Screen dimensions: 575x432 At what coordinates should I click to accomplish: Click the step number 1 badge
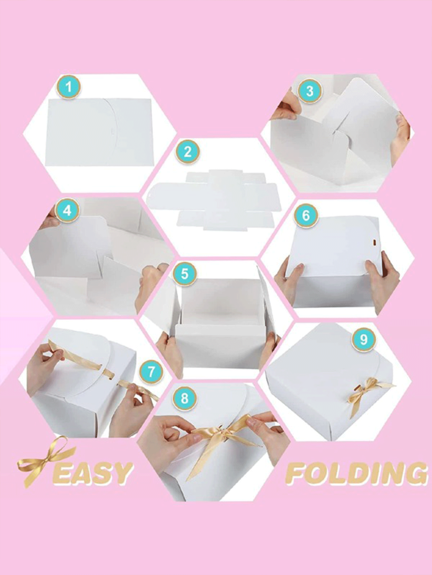pos(68,87)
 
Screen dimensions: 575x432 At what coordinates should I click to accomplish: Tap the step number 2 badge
pos(187,151)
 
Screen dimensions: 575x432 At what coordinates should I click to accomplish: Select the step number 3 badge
pos(309,91)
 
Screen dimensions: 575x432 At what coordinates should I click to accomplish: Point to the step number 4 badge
pos(67,211)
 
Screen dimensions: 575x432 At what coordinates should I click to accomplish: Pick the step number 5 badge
pos(184,273)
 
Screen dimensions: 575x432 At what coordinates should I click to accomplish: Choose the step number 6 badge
pos(306,215)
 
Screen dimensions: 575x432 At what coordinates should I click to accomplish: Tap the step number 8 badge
pos(184,398)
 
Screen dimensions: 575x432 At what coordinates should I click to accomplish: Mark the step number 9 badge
pos(364,339)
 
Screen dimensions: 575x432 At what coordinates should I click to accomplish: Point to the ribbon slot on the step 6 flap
pos(375,241)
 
